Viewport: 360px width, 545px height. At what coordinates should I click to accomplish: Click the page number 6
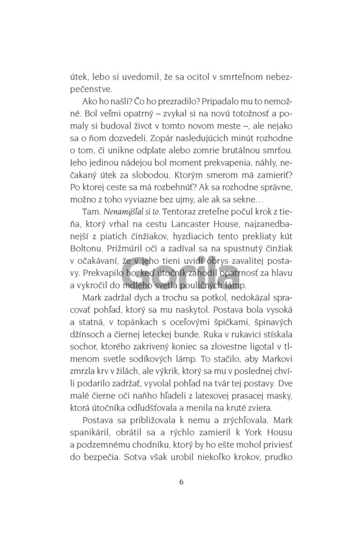click(x=181, y=482)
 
